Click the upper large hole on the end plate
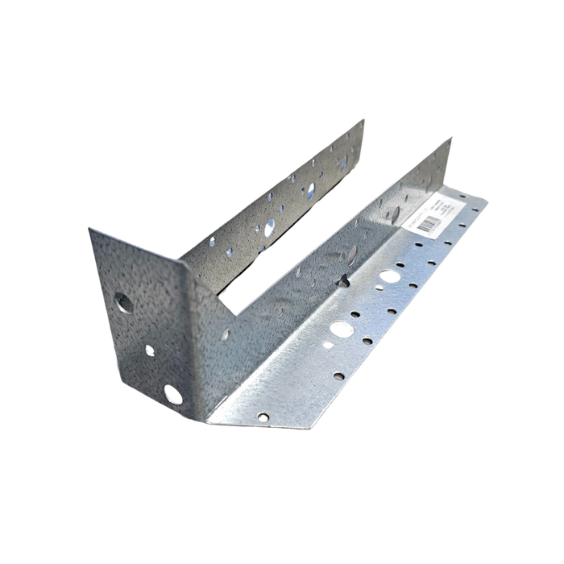point(123,304)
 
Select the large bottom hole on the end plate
point(172,393)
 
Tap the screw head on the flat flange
point(263,417)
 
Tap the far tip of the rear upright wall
point(365,118)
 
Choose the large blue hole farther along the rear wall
point(309,190)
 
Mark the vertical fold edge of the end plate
point(185,322)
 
